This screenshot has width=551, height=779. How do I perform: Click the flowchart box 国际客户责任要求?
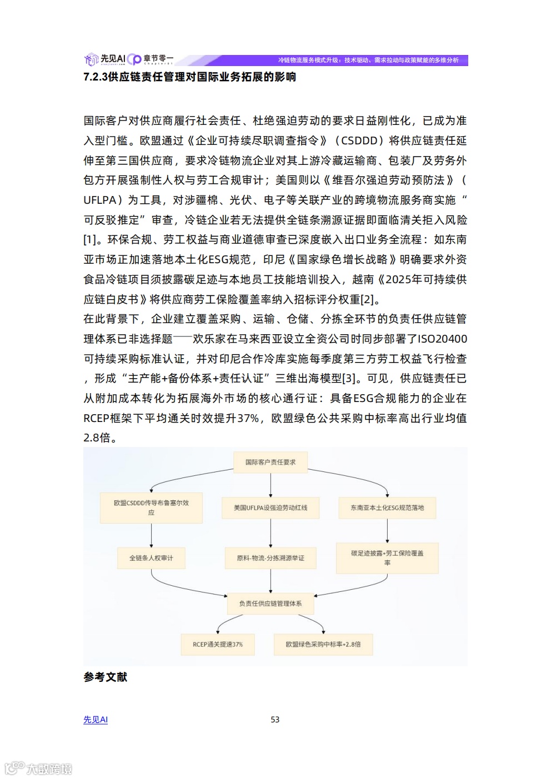(x=271, y=462)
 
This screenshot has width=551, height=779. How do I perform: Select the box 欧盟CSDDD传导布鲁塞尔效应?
(x=151, y=507)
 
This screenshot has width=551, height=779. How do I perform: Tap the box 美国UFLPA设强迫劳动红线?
(x=271, y=507)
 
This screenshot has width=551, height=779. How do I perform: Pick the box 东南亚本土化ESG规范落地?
(x=387, y=507)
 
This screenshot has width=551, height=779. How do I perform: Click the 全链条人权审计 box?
(x=151, y=558)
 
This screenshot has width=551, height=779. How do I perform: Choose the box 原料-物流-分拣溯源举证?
(x=271, y=558)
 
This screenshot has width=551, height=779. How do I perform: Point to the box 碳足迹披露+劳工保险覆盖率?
(x=387, y=558)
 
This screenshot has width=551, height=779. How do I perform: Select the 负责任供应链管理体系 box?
(x=271, y=604)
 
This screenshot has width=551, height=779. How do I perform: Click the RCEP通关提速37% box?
(x=218, y=645)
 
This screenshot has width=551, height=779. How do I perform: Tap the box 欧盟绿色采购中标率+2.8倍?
(x=323, y=645)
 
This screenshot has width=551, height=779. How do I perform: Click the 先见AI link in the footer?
(x=96, y=720)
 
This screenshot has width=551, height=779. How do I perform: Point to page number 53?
(x=275, y=720)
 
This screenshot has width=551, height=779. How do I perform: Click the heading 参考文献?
(x=106, y=677)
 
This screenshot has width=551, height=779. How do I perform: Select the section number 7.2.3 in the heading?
(x=95, y=77)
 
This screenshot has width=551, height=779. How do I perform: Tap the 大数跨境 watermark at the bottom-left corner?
(x=39, y=768)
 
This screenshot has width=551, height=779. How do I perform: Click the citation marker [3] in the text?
(x=349, y=379)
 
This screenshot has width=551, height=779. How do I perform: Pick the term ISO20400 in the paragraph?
(x=442, y=339)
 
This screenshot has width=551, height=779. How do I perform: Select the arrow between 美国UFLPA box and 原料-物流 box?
(x=271, y=533)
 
